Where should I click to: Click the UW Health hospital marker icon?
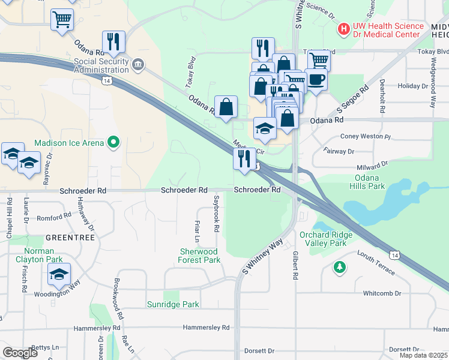[x=343, y=28]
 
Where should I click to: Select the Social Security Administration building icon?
[x=137, y=64]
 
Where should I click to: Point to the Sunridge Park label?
[x=173, y=304]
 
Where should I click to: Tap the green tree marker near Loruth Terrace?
[x=340, y=266]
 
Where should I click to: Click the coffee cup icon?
[x=316, y=79]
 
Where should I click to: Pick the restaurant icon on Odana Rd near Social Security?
[x=113, y=41]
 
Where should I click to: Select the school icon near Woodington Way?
[x=59, y=274]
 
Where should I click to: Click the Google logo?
[x=20, y=353]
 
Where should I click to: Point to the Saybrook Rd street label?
[x=215, y=212]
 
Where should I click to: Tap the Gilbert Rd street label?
[x=295, y=266]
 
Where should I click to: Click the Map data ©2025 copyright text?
[x=423, y=355]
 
